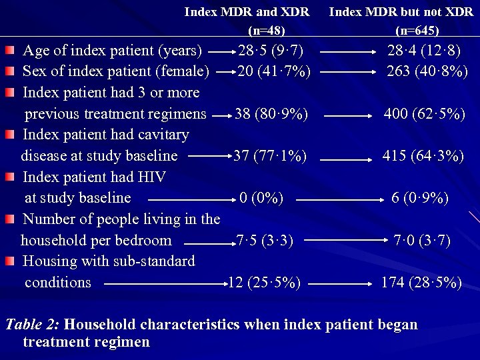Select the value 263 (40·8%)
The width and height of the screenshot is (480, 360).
pos(427,71)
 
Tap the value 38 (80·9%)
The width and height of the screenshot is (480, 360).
pos(271,114)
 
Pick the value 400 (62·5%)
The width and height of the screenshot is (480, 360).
pos(424,114)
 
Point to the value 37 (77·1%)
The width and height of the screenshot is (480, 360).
pos(270,156)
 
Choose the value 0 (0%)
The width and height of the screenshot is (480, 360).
pos(262,198)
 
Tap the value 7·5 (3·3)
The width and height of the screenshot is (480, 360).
pos(265,240)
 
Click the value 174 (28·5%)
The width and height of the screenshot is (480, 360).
pos(421,283)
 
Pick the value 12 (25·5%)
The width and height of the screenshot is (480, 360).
pos(264,283)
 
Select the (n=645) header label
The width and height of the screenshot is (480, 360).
pos(417,30)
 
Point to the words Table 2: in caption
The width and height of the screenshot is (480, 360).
pos(33,325)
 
